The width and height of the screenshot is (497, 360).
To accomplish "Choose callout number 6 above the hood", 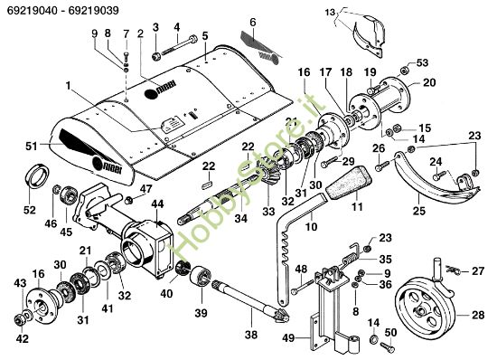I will coord(253,20).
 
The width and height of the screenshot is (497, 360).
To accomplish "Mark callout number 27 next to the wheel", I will coord(479,270).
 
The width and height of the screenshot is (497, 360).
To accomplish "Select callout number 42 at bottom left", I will coord(22,339).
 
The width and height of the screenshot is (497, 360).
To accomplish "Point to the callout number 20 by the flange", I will coord(429,82).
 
